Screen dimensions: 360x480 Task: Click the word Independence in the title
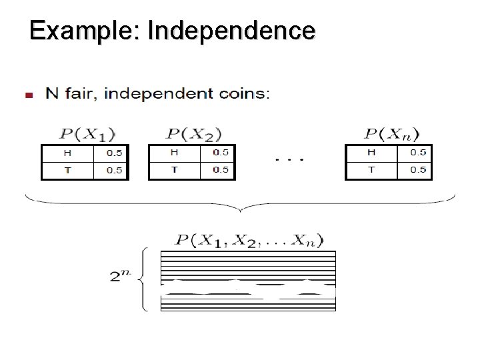231,31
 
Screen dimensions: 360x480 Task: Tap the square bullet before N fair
28,95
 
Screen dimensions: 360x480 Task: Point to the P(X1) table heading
86,134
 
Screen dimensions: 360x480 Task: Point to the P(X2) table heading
193,134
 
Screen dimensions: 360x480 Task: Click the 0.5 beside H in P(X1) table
114,153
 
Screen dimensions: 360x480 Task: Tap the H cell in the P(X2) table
174,153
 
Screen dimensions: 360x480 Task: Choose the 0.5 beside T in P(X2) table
220,169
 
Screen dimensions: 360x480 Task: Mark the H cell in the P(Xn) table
371,153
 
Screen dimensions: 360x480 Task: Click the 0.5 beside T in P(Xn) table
418,169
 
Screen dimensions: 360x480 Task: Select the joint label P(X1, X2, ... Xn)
248,240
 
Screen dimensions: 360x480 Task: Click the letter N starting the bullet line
51,93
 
